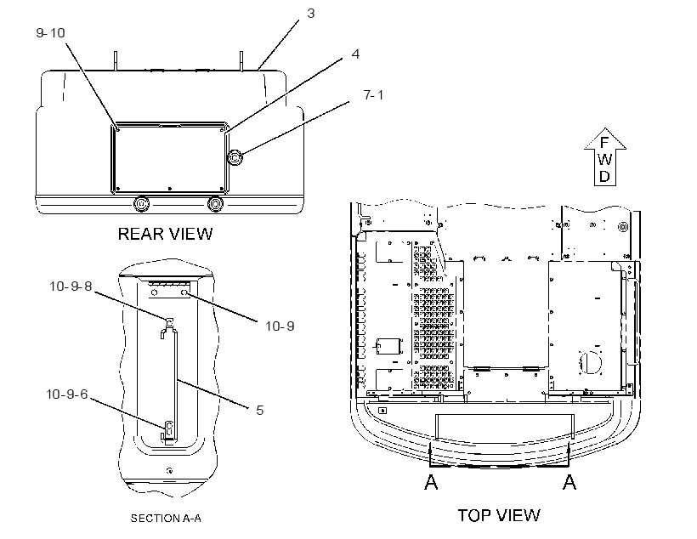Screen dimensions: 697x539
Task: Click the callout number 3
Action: point(311,14)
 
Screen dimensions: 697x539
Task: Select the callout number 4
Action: point(355,54)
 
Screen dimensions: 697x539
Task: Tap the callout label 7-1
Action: point(373,94)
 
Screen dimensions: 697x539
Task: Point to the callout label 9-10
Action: point(50,32)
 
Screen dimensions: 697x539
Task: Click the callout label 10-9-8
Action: point(71,286)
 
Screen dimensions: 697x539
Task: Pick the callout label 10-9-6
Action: point(67,394)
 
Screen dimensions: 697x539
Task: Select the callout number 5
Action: point(260,410)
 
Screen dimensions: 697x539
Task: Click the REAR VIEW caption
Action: point(166,234)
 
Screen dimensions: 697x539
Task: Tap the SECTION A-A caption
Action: point(166,518)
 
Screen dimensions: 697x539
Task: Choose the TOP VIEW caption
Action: point(499,515)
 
